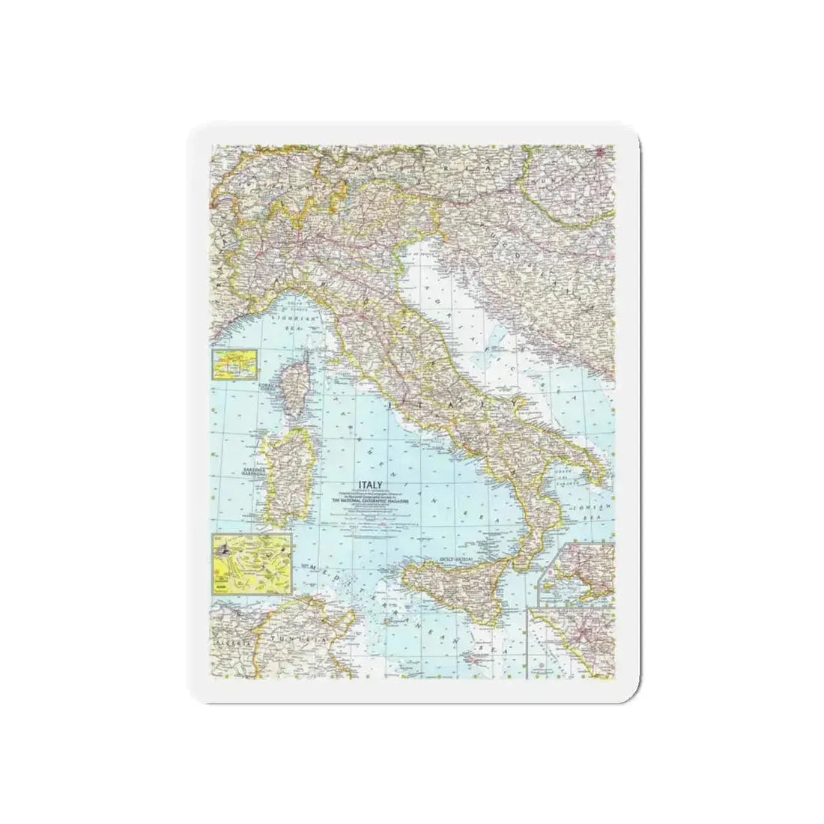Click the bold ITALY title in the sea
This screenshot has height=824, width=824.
pos(356,484)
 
